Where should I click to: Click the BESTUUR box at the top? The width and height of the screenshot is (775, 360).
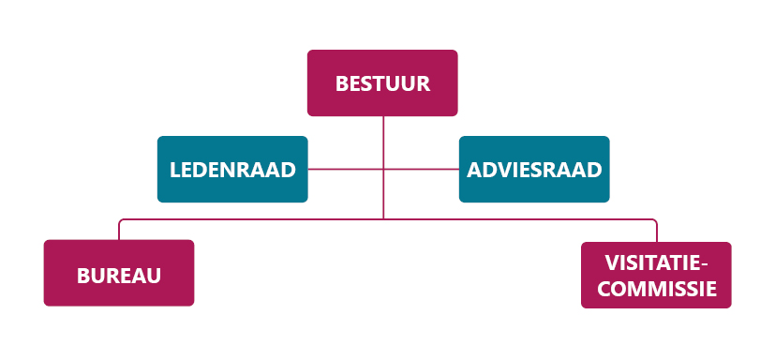[382, 82]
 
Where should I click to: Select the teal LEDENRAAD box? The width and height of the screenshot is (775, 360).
[232, 170]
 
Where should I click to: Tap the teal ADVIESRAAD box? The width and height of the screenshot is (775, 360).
[534, 170]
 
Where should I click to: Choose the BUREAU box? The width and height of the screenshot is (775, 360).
[119, 274]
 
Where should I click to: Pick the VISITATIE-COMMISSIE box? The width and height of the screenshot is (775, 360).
[656, 275]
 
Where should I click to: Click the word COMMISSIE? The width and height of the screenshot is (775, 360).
[657, 289]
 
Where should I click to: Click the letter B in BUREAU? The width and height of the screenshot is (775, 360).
[82, 276]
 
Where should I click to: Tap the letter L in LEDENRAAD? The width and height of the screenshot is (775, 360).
[175, 171]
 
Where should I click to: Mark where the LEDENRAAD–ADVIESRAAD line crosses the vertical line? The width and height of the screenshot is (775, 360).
[383, 169]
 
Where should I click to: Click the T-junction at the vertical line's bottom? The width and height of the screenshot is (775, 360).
[383, 219]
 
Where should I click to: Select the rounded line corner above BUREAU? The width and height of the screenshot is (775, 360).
[120, 221]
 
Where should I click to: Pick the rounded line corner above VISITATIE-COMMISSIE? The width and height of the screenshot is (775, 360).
[655, 221]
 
